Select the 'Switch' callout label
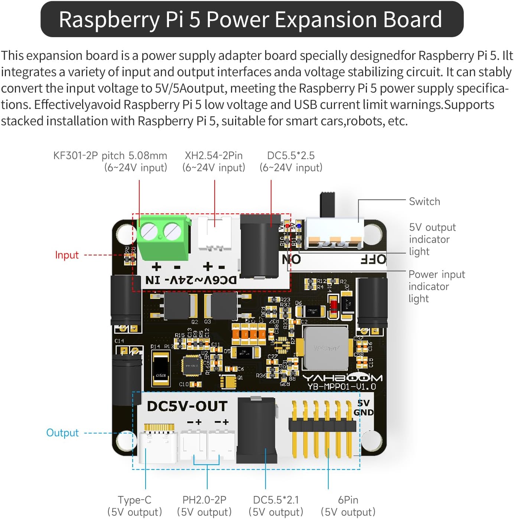[424, 202]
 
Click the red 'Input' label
[67, 255]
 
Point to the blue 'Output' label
[62, 433]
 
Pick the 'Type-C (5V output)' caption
[134, 506]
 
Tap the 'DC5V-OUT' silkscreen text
[187, 406]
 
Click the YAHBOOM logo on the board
[342, 378]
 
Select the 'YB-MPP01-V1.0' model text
[342, 387]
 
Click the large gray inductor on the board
[326, 348]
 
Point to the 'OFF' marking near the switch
[373, 259]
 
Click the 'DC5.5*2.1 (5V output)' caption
[276, 506]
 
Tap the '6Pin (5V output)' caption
[348, 506]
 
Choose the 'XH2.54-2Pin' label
[214, 155]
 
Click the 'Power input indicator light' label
[436, 286]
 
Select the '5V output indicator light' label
[432, 239]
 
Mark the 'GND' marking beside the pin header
[364, 412]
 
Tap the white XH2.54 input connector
[215, 233]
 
